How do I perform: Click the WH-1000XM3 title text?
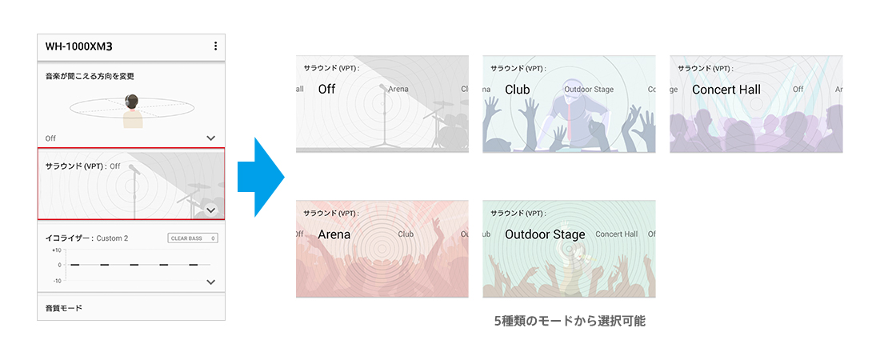(x=78, y=46)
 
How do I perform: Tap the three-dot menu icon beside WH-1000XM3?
(x=215, y=46)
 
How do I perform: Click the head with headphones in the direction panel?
(x=133, y=102)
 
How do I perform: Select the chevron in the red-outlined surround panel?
(x=211, y=210)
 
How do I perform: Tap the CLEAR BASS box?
(x=193, y=238)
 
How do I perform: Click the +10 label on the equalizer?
(x=55, y=250)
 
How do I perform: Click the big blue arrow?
(x=261, y=177)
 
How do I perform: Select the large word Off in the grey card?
(x=326, y=90)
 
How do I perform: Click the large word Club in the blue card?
(x=518, y=90)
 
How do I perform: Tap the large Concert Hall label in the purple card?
(x=726, y=90)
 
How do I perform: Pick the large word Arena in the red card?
(x=334, y=234)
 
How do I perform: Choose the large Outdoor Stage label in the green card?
(x=545, y=234)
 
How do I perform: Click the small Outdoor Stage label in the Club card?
(x=589, y=90)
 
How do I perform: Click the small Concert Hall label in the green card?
(x=616, y=234)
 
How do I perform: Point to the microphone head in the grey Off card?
(x=382, y=88)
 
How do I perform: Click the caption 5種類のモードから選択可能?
(x=569, y=322)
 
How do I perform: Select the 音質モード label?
(x=63, y=308)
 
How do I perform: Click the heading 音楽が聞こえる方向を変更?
(x=90, y=76)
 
